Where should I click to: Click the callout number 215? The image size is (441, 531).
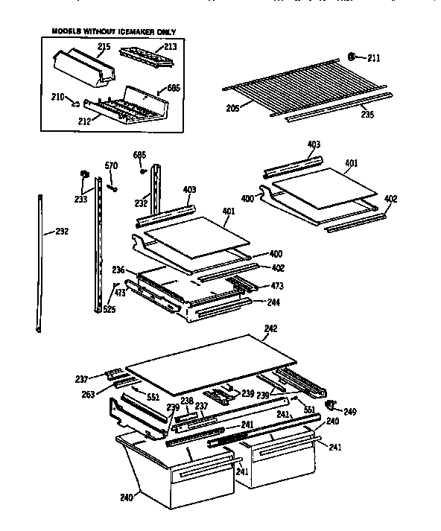pos(104,47)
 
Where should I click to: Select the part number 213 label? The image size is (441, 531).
pos(171,47)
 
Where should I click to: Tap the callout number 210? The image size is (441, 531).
pos(57,95)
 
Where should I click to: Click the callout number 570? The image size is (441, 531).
pos(111,166)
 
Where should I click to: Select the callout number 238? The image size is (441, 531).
pos(187,401)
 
